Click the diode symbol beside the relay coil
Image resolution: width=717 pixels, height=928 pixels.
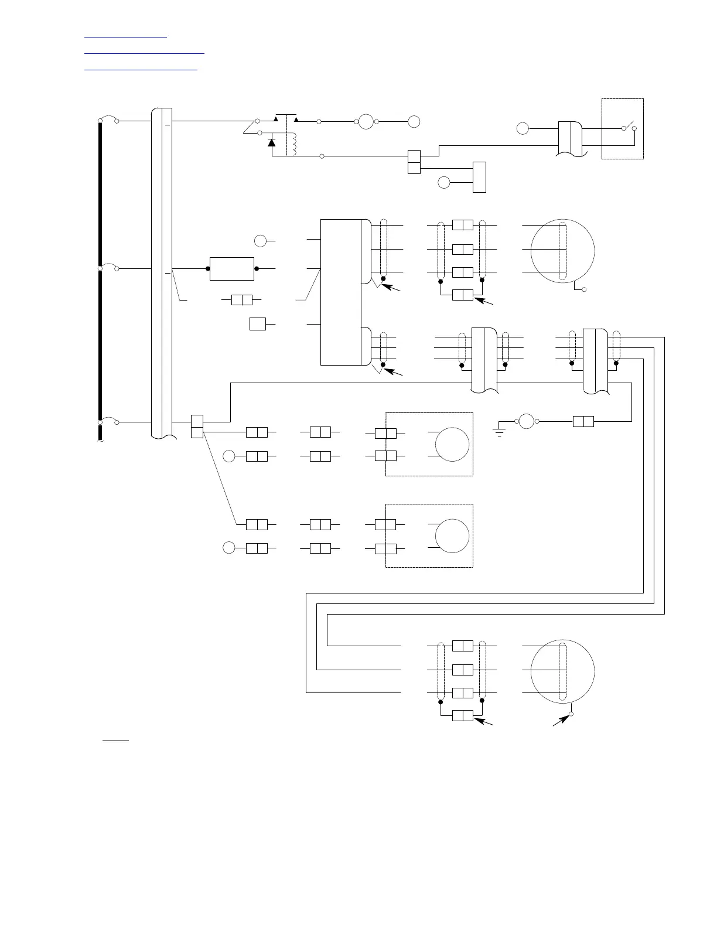(271, 141)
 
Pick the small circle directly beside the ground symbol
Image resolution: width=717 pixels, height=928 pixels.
(525, 421)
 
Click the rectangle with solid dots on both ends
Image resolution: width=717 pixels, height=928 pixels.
(232, 268)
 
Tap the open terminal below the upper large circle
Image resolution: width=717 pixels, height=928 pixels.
(584, 291)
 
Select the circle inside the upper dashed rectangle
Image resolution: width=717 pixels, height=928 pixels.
(452, 444)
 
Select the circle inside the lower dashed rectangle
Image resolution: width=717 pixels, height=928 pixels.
(452, 535)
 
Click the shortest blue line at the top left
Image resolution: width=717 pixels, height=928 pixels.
(125, 37)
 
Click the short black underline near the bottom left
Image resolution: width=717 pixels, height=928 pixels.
(115, 741)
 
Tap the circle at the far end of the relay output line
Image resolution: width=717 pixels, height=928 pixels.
(414, 122)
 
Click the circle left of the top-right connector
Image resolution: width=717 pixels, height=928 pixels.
(523, 128)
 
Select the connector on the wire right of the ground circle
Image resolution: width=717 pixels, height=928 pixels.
(583, 421)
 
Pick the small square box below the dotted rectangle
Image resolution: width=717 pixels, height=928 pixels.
(258, 324)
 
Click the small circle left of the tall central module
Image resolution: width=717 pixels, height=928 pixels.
(260, 240)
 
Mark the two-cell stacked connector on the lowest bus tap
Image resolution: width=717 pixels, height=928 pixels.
(197, 427)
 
